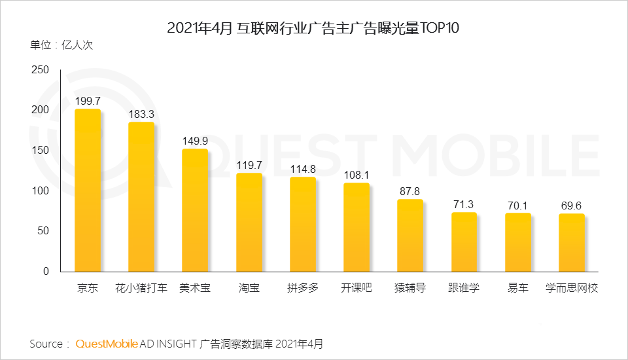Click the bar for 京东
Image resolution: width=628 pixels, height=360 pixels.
88,190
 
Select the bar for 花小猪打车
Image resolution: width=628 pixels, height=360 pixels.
141,196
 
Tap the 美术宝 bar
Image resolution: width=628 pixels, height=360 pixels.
195,210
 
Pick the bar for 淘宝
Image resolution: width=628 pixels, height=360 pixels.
249,223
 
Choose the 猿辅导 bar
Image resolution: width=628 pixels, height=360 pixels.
410,236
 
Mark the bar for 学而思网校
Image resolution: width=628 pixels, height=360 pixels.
572,243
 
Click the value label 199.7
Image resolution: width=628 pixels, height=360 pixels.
88,101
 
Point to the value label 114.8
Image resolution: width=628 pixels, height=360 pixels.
303,169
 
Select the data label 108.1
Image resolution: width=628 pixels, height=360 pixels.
357,175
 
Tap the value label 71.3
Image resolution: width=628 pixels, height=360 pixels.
464,204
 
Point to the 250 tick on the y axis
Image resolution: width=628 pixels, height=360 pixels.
41,70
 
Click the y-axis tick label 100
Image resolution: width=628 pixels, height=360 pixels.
41,190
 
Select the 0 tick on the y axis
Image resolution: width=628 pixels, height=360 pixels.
46,271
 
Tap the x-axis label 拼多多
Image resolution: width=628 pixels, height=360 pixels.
303,288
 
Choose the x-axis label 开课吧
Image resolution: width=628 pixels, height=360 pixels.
357,288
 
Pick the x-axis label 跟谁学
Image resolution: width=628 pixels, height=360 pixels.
464,288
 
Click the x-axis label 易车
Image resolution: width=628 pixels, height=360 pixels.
518,288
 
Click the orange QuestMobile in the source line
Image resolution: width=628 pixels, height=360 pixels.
107,344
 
